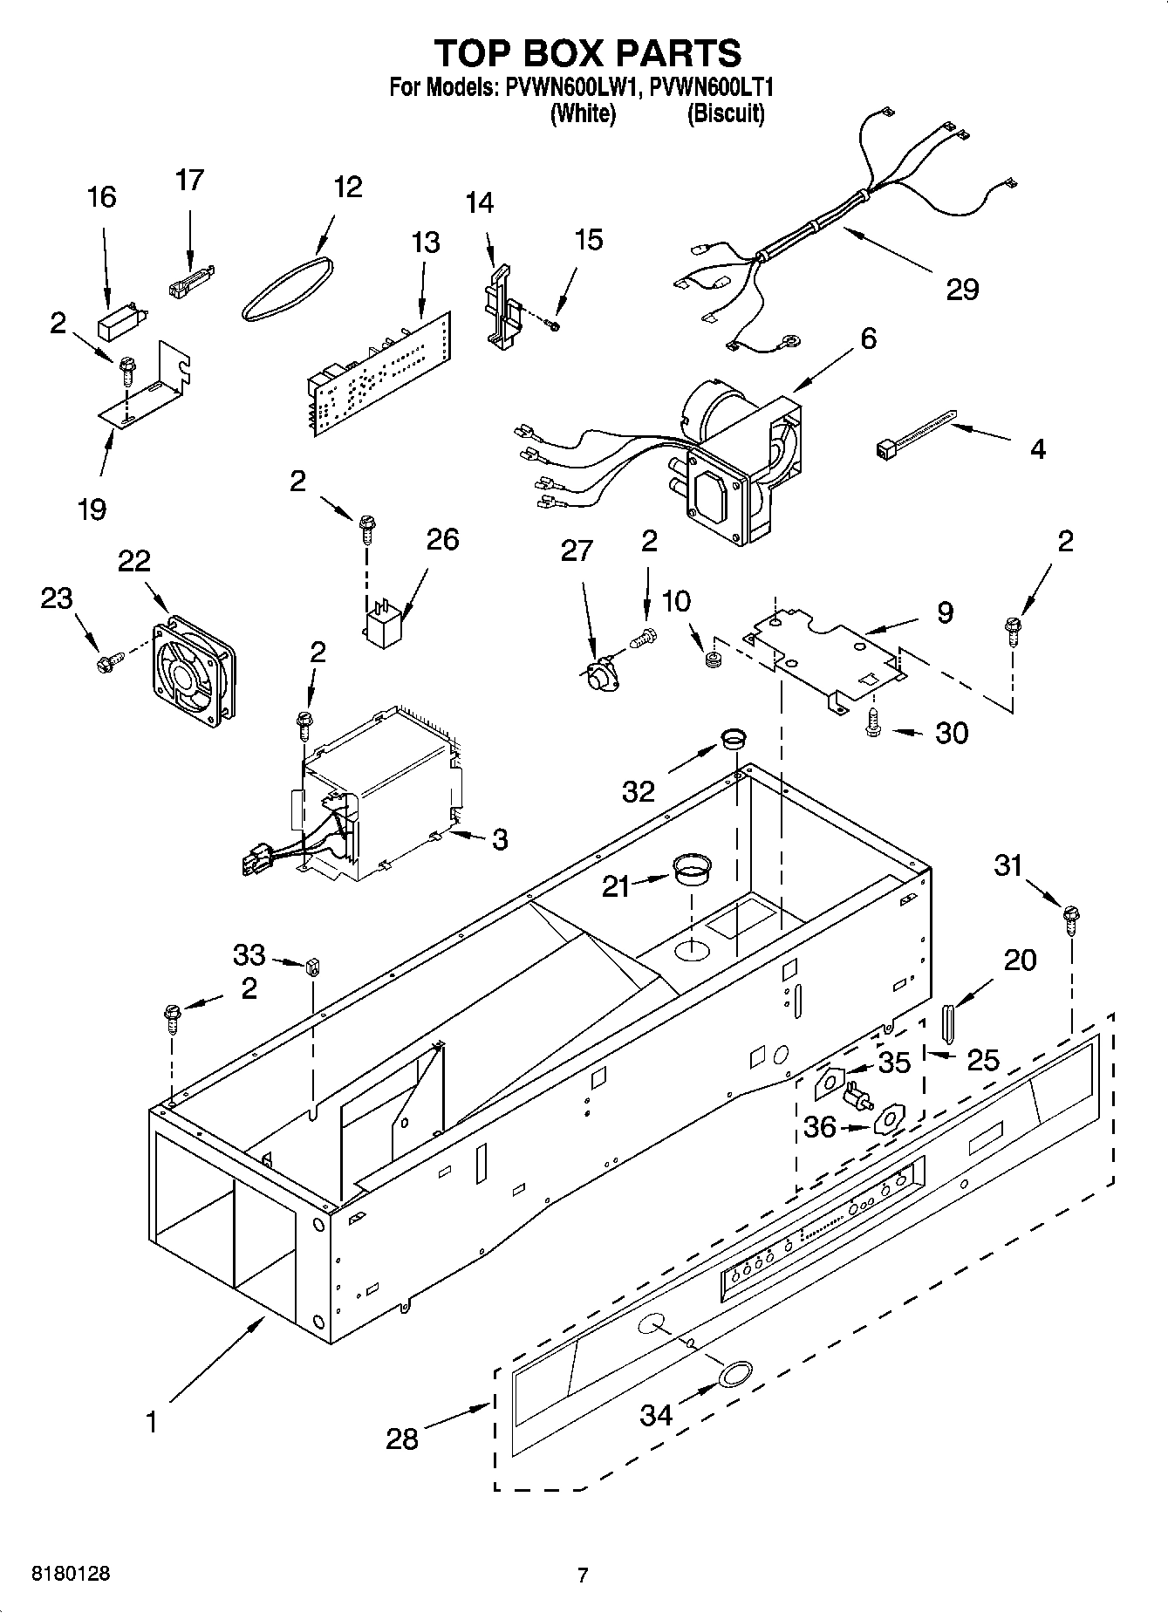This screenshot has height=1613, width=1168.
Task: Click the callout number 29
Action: (962, 290)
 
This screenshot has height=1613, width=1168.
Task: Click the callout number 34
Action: (656, 1414)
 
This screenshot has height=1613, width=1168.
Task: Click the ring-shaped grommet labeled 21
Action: (692, 870)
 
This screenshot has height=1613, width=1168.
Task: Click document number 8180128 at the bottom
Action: (71, 1575)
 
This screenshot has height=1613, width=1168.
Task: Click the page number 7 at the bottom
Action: (583, 1575)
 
